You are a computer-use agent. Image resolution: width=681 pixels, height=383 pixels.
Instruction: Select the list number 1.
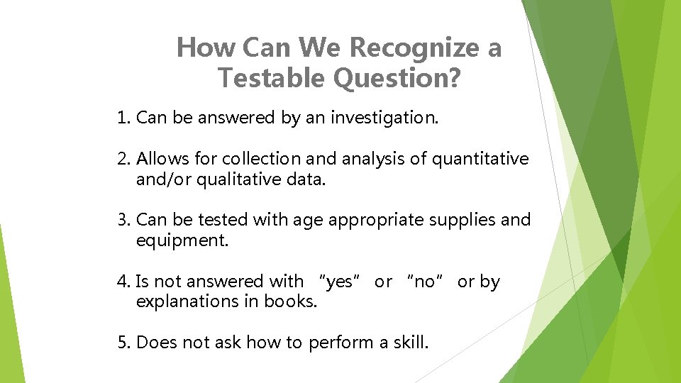point(123,118)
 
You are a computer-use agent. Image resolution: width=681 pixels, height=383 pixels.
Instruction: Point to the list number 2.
point(123,159)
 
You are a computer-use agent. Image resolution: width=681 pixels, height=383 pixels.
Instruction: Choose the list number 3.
point(123,220)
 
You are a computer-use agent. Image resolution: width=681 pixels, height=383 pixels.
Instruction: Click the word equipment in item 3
point(180,240)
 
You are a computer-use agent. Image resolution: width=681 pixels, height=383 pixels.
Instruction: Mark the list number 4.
point(123,282)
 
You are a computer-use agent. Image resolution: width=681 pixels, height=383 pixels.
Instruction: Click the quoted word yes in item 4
point(340,282)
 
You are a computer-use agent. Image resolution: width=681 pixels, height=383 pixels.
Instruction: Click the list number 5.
point(123,343)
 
